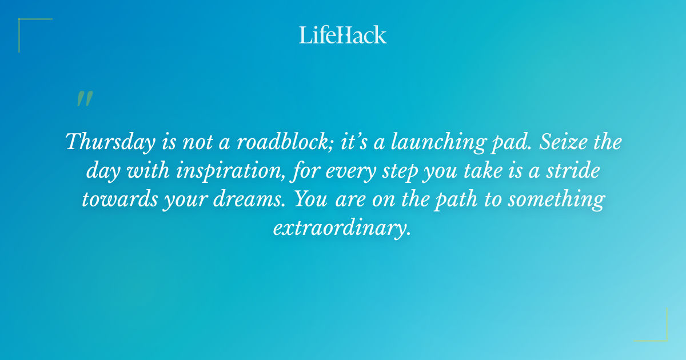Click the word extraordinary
coord(342,229)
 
